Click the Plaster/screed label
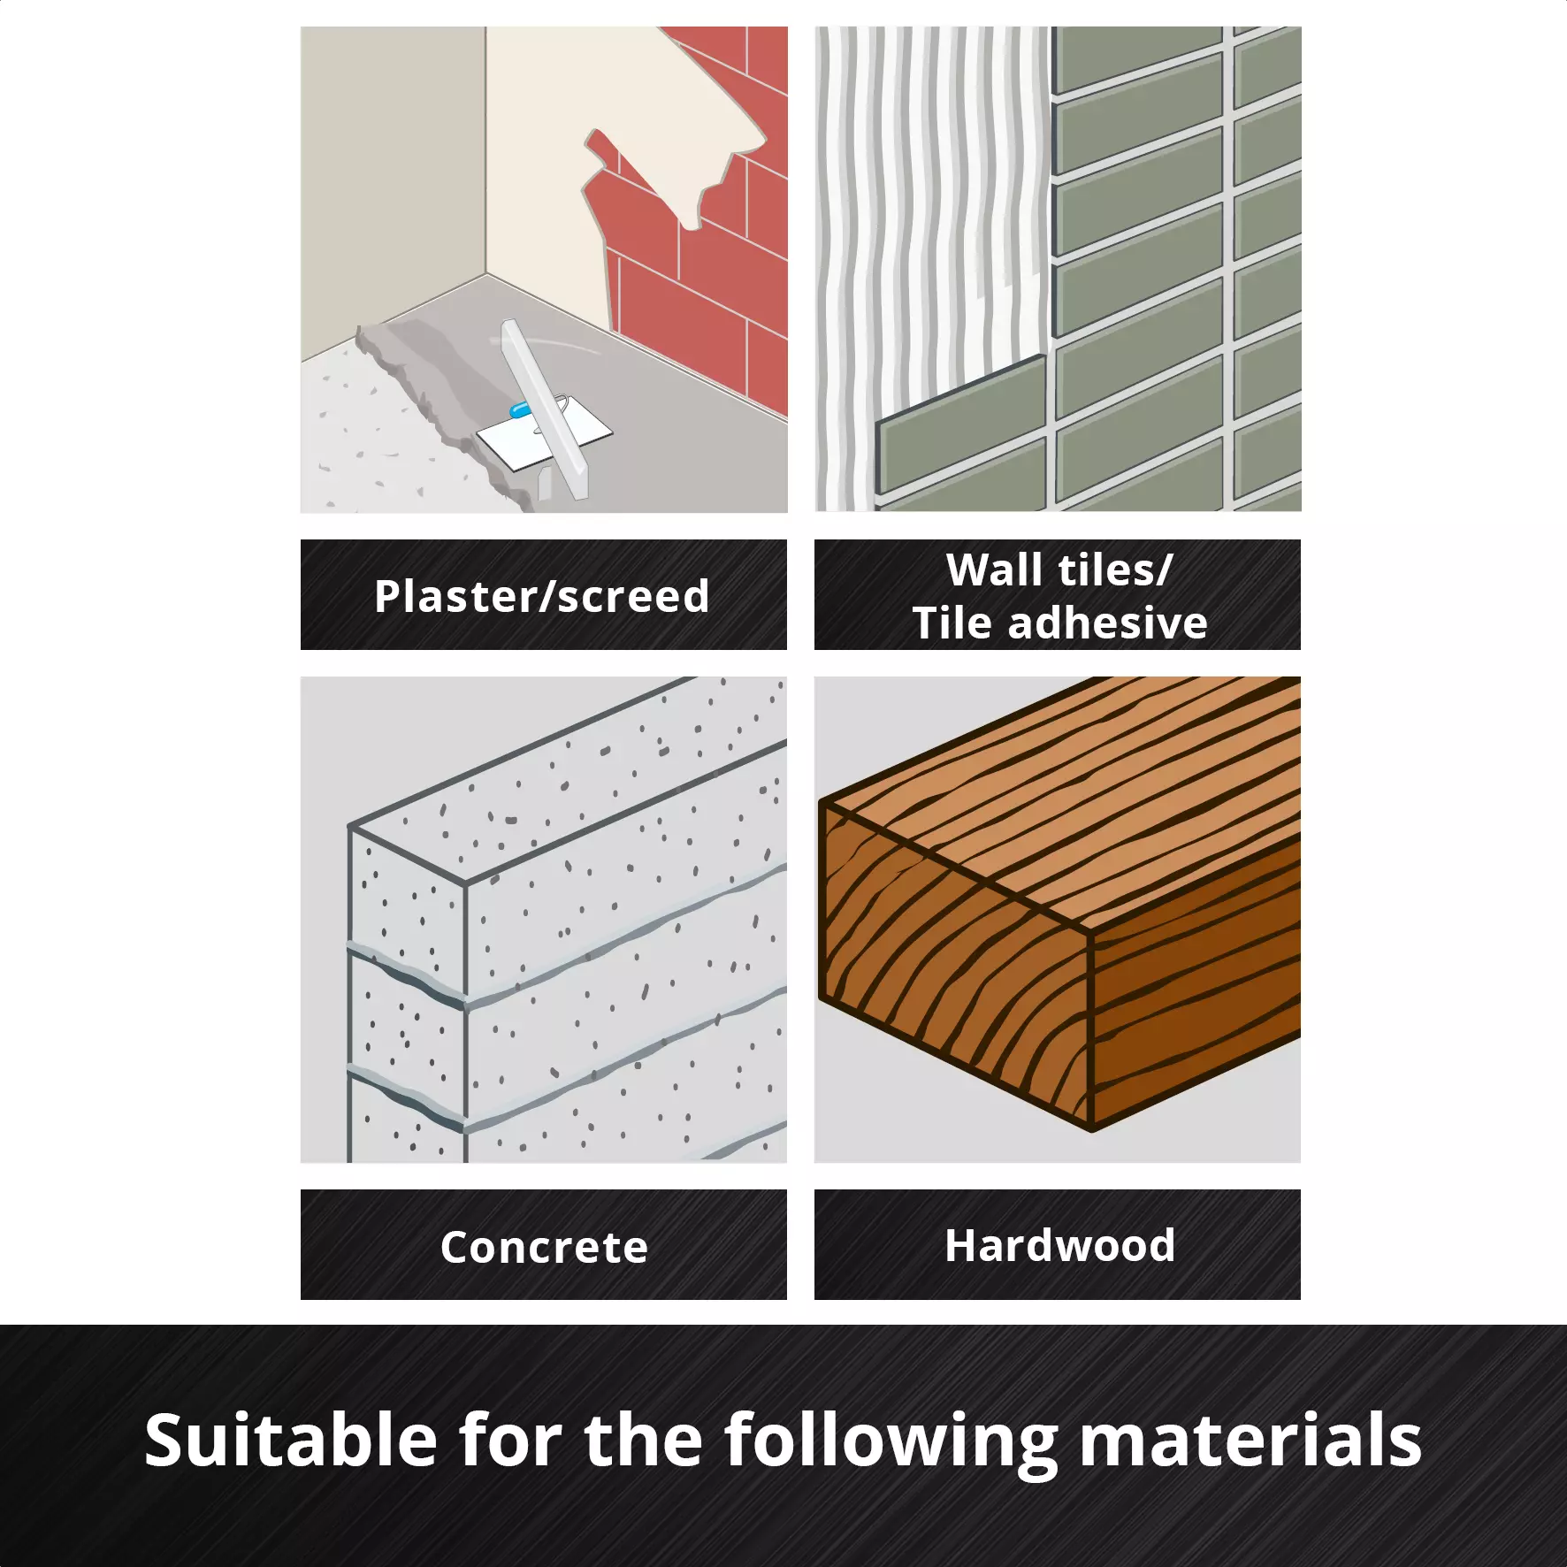[x=542, y=596]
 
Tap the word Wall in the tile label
[x=994, y=569]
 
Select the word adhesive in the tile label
[x=1108, y=623]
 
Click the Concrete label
[x=544, y=1247]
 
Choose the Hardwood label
[x=1059, y=1245]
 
